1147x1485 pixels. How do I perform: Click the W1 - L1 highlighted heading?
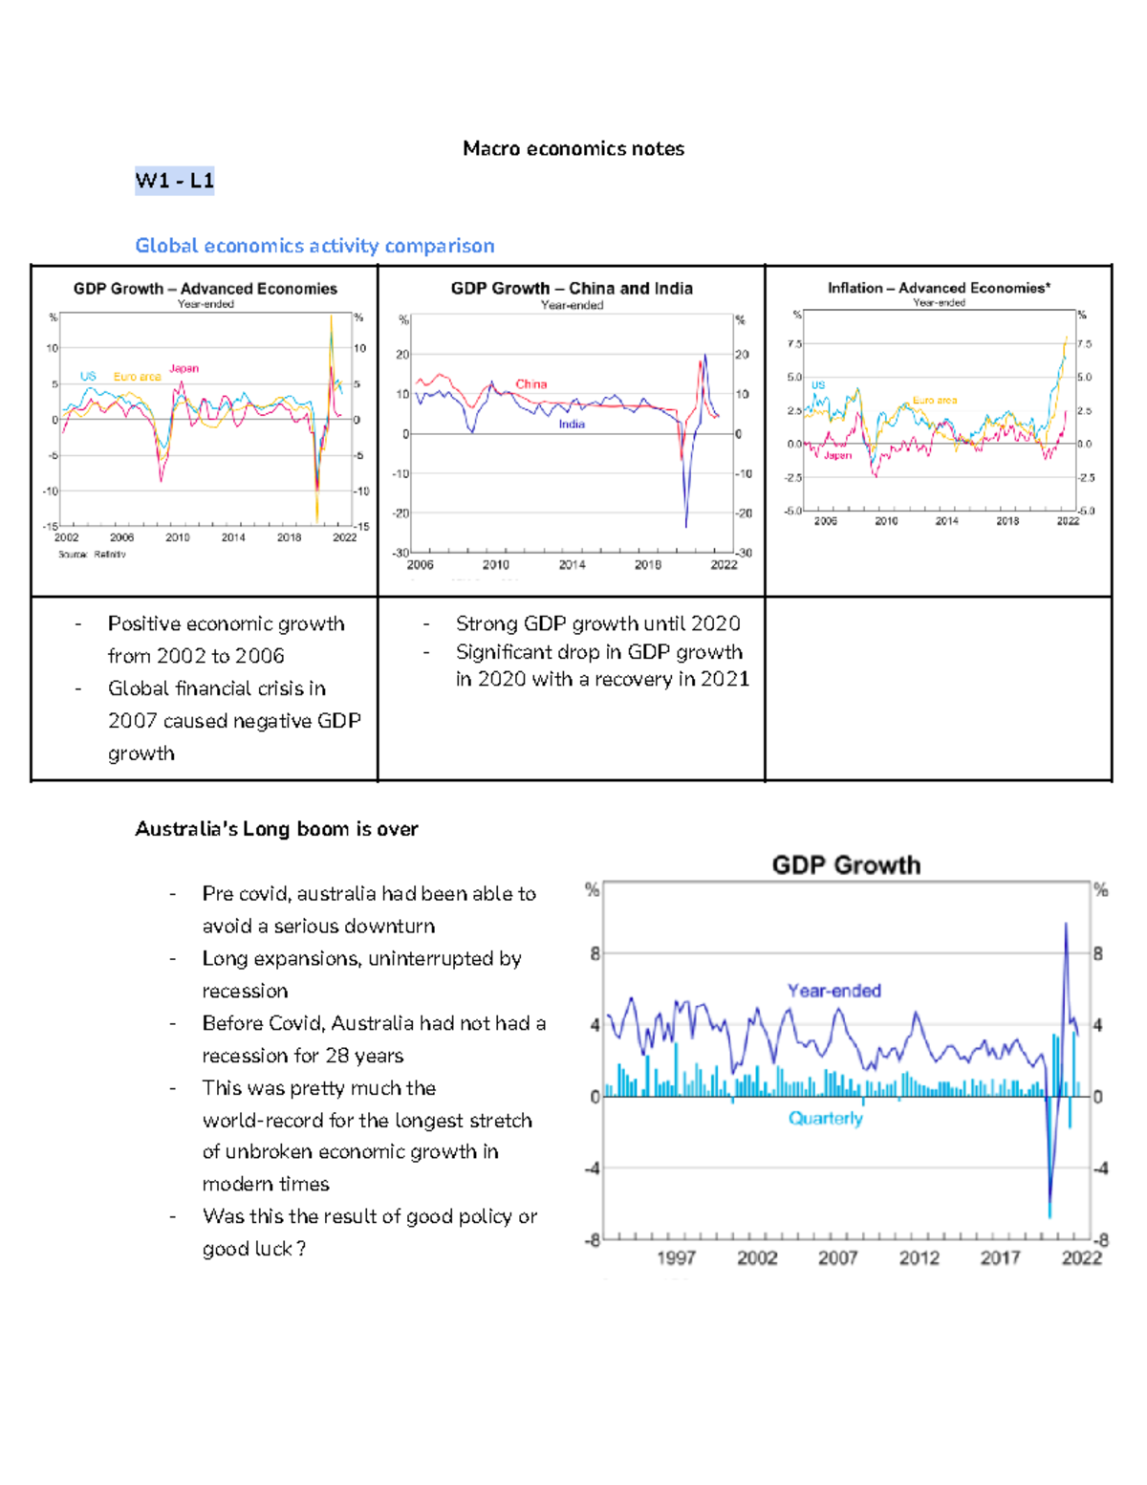coord(174,181)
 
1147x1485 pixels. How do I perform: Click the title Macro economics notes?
coord(573,148)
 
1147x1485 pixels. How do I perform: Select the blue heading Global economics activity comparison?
coord(314,246)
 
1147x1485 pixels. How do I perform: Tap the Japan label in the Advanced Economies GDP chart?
coord(184,368)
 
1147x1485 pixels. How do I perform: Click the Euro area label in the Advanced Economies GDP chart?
coord(137,377)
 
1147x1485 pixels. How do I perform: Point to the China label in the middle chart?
coord(530,384)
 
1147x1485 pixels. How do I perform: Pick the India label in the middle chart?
coord(572,424)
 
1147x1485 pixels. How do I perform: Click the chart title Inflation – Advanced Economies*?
coord(939,288)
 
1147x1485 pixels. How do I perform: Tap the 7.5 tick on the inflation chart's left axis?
coord(794,343)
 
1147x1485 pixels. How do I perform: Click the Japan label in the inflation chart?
coord(837,455)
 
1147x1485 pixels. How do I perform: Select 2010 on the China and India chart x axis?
coord(495,565)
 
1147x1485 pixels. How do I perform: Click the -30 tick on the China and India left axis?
coord(400,553)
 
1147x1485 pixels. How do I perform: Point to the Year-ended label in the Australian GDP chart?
coord(833,991)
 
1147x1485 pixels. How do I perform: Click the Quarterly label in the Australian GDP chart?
coord(825,1118)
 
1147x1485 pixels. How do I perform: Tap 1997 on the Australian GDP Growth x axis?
coord(676,1258)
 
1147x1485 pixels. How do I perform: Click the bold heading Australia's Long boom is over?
coord(276,829)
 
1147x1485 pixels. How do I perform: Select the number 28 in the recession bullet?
coord(336,1056)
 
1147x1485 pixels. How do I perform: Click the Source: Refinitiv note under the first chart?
coord(92,555)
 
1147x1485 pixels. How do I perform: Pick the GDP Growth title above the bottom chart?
coord(846,865)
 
